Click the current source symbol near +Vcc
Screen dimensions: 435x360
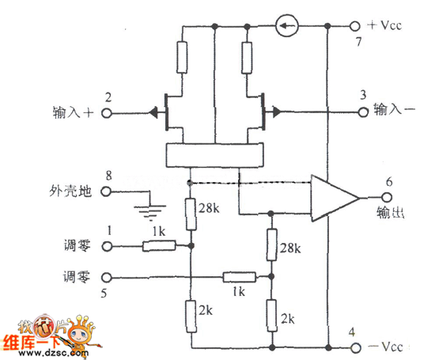coord(287,26)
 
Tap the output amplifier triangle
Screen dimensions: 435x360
coord(335,198)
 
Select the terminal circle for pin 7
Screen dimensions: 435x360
coord(354,26)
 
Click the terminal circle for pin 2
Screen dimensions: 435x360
coord(107,113)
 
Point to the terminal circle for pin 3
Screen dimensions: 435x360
coord(363,112)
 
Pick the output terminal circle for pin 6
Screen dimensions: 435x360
coord(386,197)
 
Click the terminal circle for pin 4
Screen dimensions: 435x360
coord(356,347)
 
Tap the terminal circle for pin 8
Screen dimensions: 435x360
coord(106,191)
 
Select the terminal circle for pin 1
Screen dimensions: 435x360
coord(107,246)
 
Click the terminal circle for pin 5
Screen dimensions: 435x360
coord(107,277)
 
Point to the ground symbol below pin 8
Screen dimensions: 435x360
coord(150,212)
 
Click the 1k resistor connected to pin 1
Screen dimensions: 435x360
coord(159,246)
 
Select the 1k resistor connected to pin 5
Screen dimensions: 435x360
coord(240,277)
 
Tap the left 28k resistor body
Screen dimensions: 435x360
coord(191,214)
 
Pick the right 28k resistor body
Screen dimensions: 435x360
coord(271,244)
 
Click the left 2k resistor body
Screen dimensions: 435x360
coord(191,316)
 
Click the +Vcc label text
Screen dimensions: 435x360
coord(384,25)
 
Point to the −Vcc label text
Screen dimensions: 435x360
coord(385,347)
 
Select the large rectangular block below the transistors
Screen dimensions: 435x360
coord(214,155)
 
